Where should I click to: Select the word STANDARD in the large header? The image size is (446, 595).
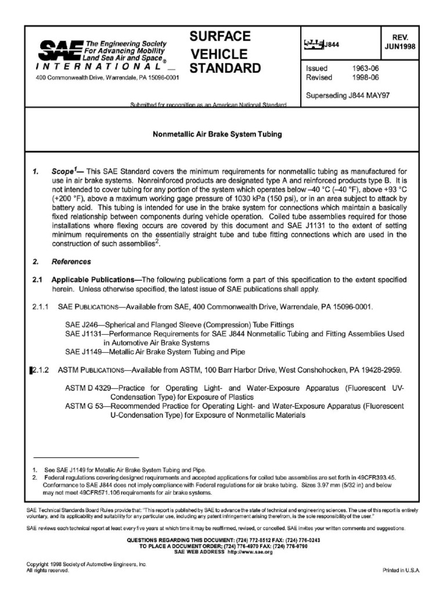pos(225,69)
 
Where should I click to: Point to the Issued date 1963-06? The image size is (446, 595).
pos(365,68)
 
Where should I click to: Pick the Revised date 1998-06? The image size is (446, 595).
pos(365,77)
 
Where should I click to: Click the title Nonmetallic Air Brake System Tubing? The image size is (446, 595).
pos(217,134)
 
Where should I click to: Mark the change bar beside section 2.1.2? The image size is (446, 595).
pos(30,370)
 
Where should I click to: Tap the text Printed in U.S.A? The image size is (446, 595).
pos(400,571)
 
